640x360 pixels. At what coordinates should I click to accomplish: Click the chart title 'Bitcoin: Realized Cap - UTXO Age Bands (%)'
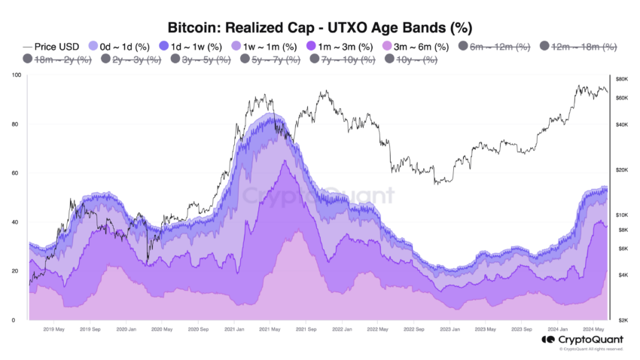[319, 29]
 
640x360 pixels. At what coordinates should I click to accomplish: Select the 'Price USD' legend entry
[57, 46]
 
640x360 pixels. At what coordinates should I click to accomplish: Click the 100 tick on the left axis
[16, 75]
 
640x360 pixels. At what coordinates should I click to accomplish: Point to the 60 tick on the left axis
[16, 173]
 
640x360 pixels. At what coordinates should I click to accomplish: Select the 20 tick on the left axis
[16, 271]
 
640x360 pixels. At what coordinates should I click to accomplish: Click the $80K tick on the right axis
[622, 79]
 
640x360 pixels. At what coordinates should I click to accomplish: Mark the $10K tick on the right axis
[622, 215]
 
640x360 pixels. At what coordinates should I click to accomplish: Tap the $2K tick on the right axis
[622, 320]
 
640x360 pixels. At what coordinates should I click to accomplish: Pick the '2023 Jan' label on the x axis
[450, 329]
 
